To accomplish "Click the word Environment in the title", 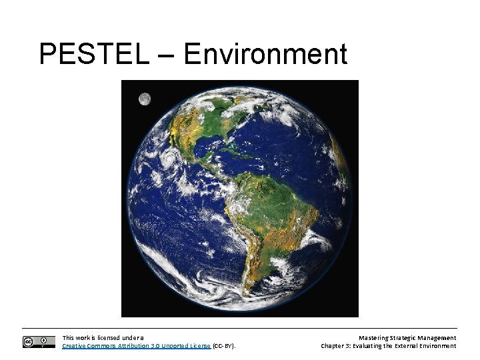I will pyautogui.click(x=265, y=54).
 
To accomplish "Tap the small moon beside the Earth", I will pyautogui.click(x=144, y=99).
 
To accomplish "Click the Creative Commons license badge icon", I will pyautogui.click(x=39, y=342).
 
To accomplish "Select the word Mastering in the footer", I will pyautogui.click(x=374, y=338).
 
